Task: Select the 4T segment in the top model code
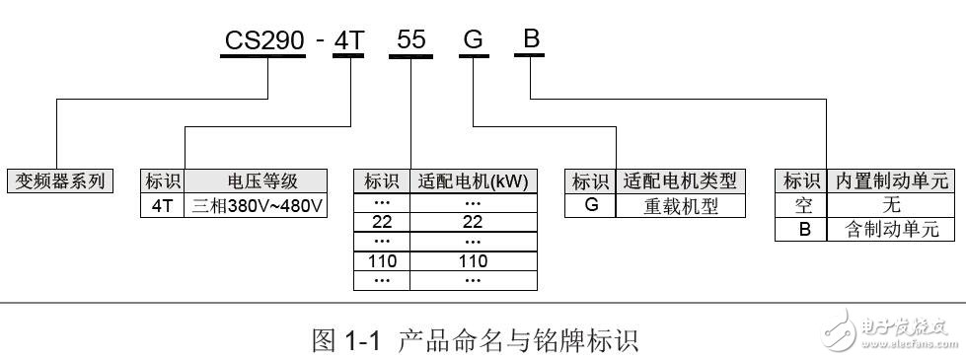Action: (x=348, y=40)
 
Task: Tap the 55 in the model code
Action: (x=411, y=40)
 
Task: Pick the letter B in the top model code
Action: (x=531, y=40)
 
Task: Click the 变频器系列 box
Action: (x=60, y=180)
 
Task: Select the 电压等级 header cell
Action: (x=262, y=180)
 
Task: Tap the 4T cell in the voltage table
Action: (x=162, y=205)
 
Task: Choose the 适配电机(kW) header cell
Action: (x=473, y=180)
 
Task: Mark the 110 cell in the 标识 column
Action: (x=381, y=262)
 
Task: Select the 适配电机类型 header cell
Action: (x=681, y=180)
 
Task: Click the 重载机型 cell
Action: (x=681, y=205)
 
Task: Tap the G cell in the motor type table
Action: (x=591, y=205)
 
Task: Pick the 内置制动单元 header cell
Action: (x=891, y=180)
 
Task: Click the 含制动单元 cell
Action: (x=891, y=230)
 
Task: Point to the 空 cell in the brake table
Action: (x=802, y=205)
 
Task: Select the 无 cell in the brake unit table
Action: (x=891, y=205)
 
